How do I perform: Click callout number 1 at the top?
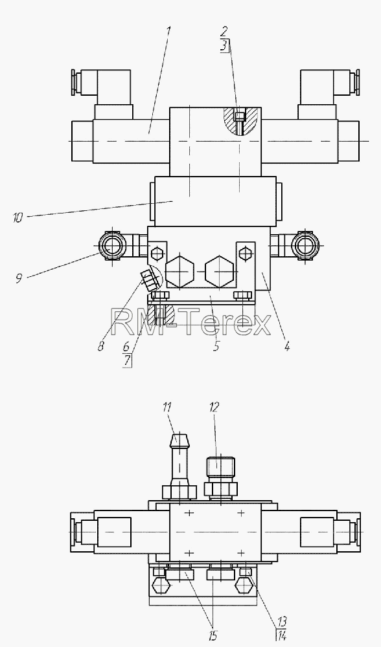click(168, 31)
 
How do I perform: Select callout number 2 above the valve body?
click(224, 31)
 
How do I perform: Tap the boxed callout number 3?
click(224, 45)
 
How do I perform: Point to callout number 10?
click(17, 217)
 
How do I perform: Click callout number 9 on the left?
click(19, 278)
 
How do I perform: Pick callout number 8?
click(101, 345)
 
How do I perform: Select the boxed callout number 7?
click(127, 361)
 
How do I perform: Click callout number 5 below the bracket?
click(216, 345)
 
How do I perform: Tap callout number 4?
click(287, 345)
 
